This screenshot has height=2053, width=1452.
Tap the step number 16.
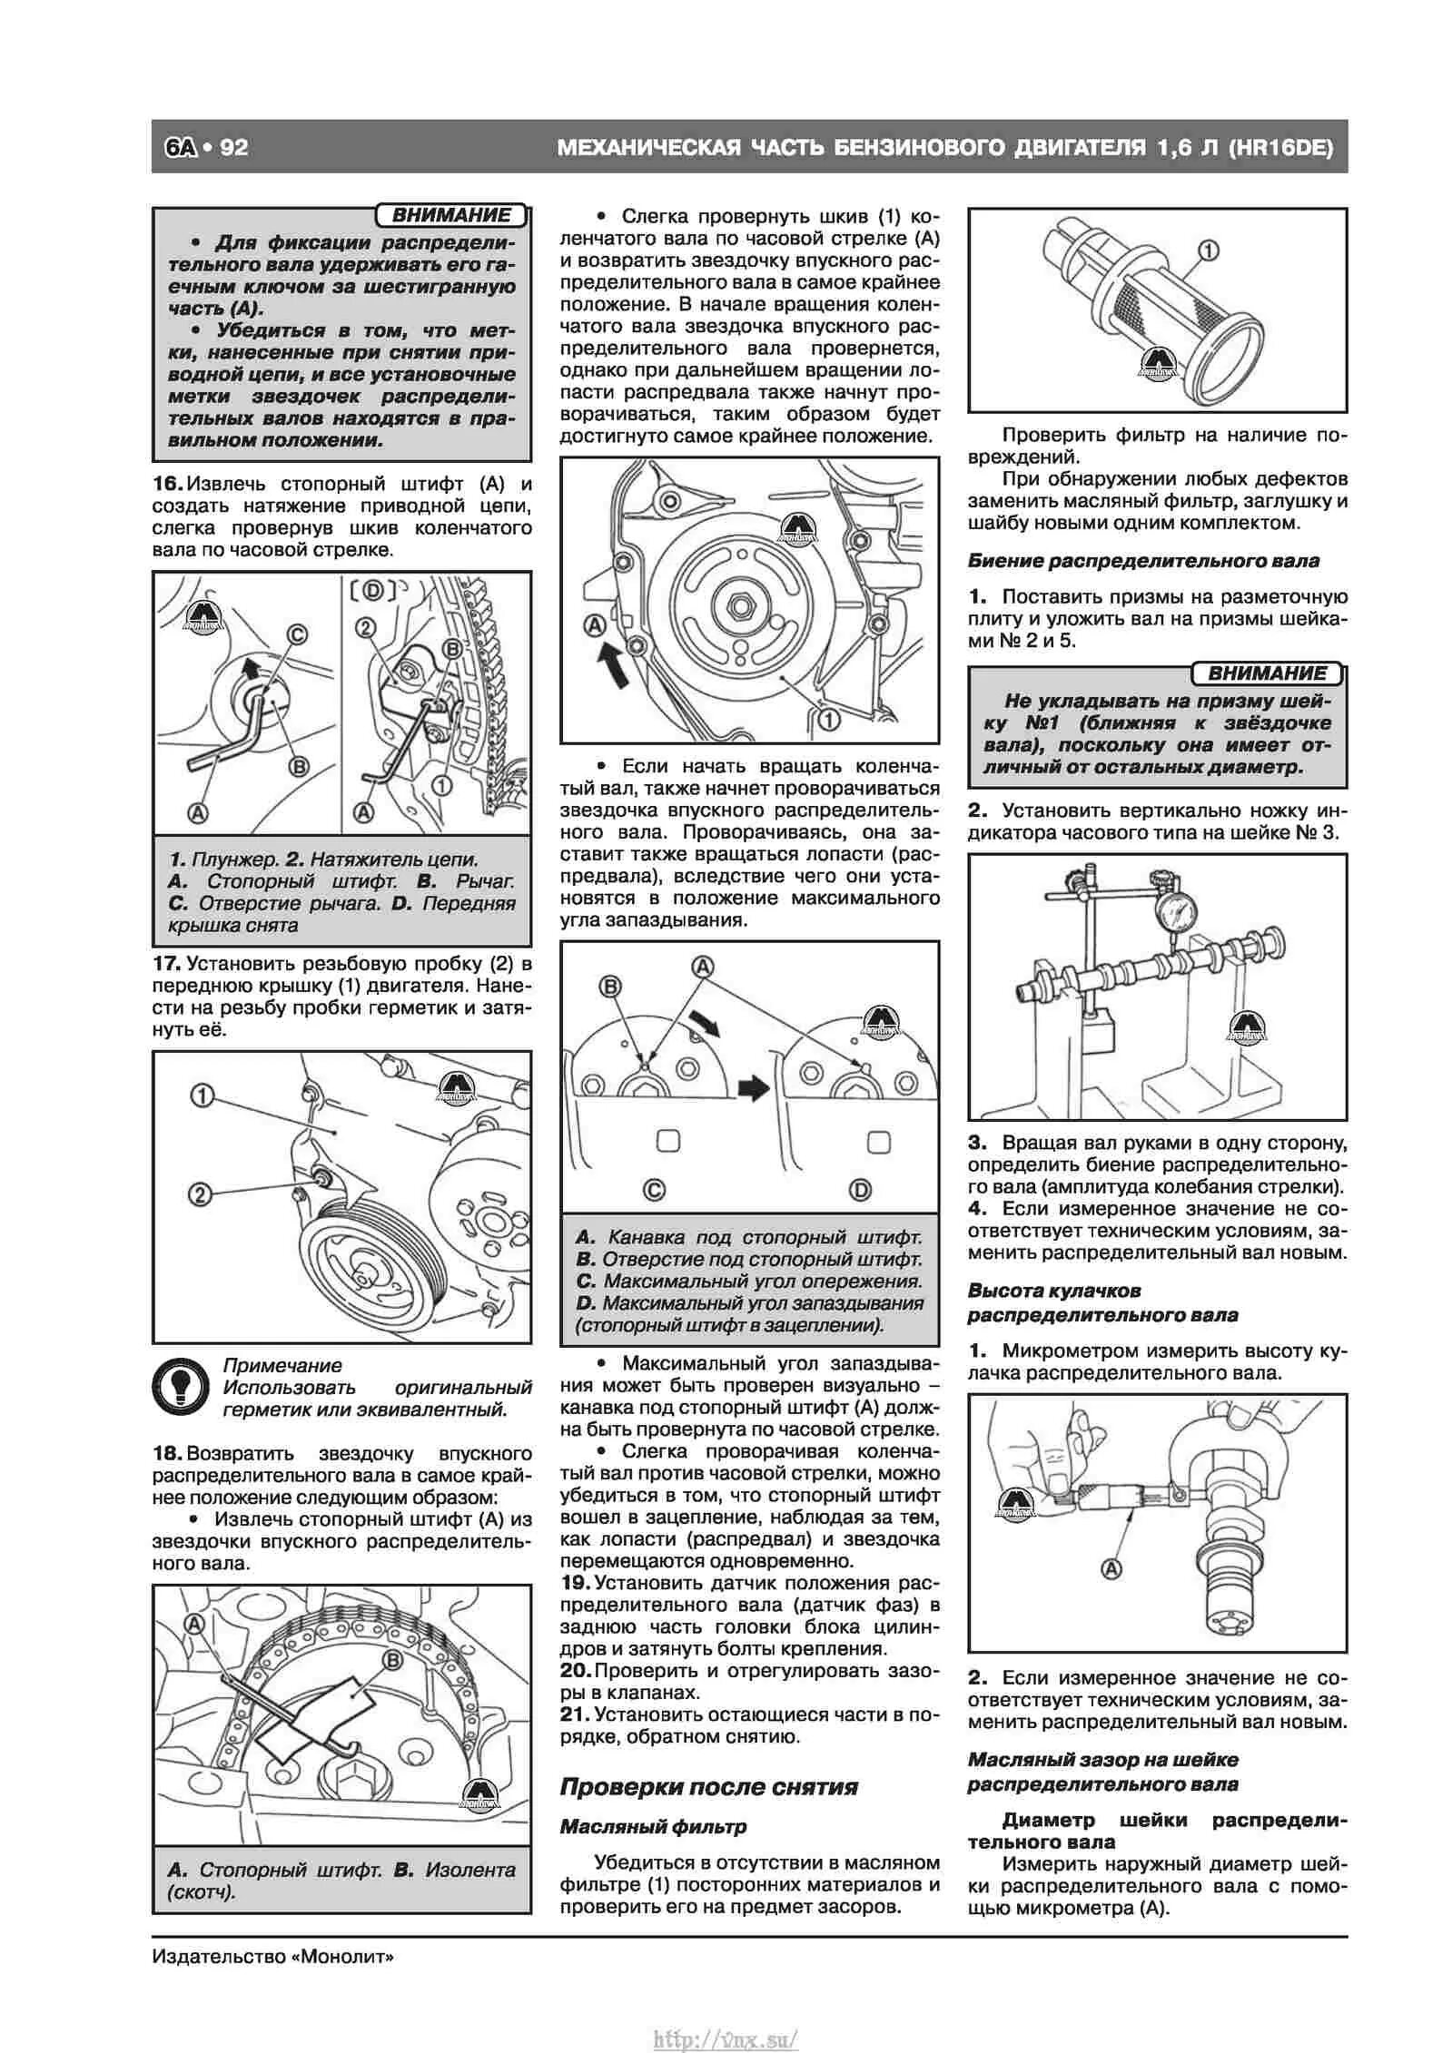(x=167, y=484)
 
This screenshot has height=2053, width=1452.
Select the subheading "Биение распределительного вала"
(x=1143, y=561)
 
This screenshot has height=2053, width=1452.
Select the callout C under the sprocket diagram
(x=653, y=1190)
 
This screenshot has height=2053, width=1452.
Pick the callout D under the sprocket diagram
(x=859, y=1190)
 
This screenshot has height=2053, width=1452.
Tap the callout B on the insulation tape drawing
(x=392, y=1660)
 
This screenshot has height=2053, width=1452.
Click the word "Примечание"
(x=282, y=1365)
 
